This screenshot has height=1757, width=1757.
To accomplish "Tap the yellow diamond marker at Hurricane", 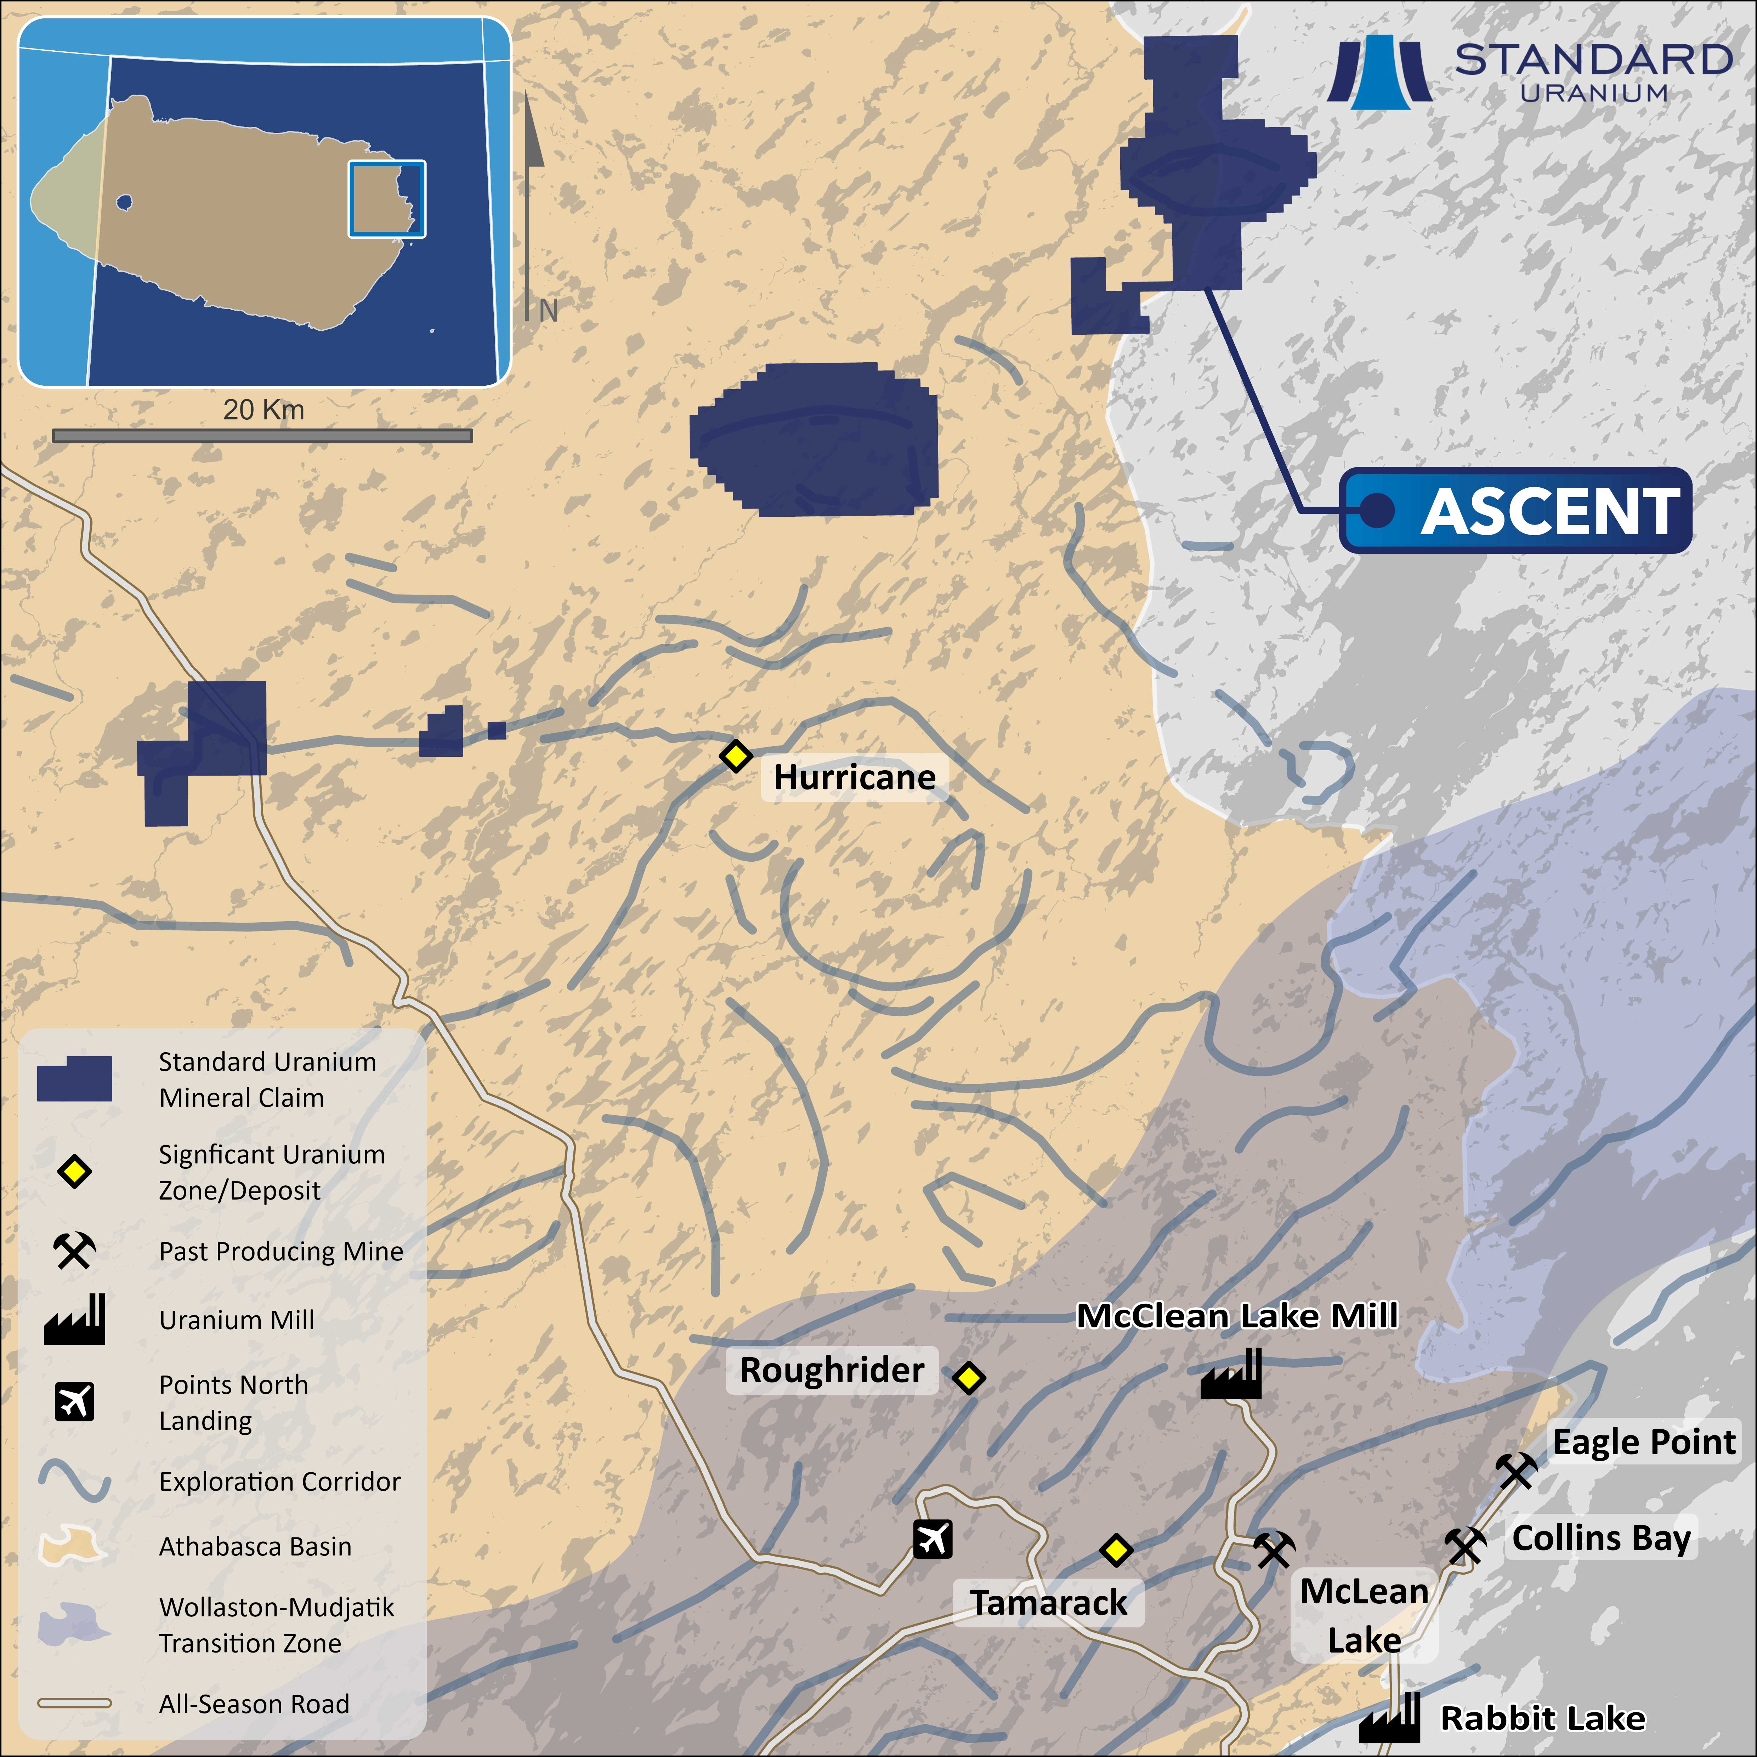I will (x=736, y=756).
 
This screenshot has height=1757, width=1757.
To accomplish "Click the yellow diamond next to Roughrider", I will (x=969, y=1378).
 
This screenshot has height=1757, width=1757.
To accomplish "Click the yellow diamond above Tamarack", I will (x=1116, y=1550).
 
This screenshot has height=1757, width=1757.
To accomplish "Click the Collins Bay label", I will (x=1600, y=1538).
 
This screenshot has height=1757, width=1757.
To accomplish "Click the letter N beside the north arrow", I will (x=548, y=311).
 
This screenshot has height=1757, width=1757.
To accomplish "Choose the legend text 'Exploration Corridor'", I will (x=279, y=1481).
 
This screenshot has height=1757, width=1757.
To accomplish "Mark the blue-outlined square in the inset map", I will (x=386, y=199).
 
